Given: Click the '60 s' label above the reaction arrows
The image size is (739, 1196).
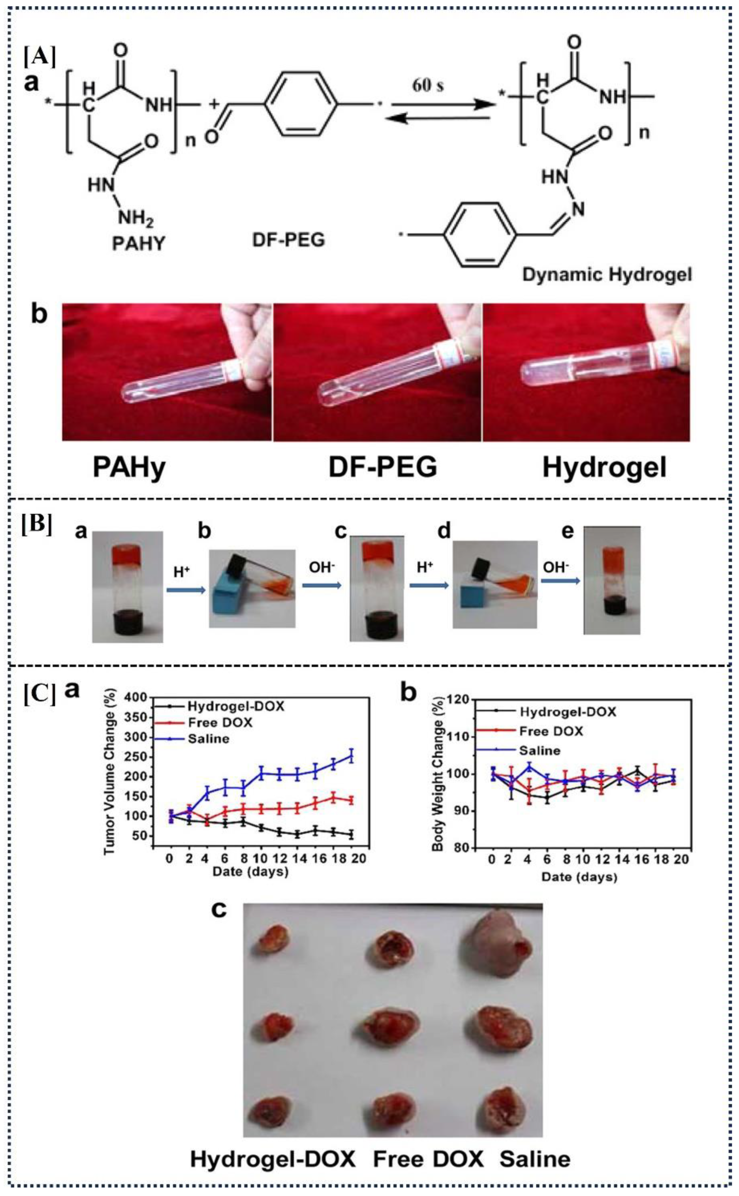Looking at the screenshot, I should pyautogui.click(x=428, y=86).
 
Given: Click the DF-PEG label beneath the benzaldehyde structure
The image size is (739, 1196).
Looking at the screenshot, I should pyautogui.click(x=289, y=240).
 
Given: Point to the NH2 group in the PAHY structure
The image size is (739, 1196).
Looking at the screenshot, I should pyautogui.click(x=136, y=218).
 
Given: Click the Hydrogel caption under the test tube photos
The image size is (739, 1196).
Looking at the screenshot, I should pyautogui.click(x=604, y=468).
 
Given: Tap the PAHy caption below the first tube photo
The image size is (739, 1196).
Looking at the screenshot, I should pyautogui.click(x=129, y=468).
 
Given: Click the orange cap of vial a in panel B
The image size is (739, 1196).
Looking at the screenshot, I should pyautogui.click(x=126, y=554).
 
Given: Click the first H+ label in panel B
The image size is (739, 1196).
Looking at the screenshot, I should pyautogui.click(x=181, y=571).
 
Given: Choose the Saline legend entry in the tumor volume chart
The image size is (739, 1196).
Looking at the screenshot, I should pyautogui.click(x=208, y=739).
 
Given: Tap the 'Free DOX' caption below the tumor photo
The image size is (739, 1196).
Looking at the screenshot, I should pyautogui.click(x=428, y=1159).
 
